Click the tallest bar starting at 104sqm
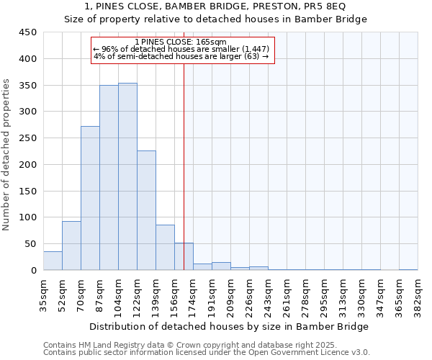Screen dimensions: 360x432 click(127, 176)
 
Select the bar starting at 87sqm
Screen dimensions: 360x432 click(109, 178)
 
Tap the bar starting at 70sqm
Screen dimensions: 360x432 click(90, 198)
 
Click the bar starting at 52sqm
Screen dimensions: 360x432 click(71, 246)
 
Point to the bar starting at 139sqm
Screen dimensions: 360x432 click(165, 248)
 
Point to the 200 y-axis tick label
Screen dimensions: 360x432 click(28, 165)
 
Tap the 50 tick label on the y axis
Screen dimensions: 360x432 click(31, 244)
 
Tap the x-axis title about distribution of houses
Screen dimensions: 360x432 click(230, 326)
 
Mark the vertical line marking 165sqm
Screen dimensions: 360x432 click(184, 166)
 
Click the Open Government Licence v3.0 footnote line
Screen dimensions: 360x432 click(207, 352)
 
